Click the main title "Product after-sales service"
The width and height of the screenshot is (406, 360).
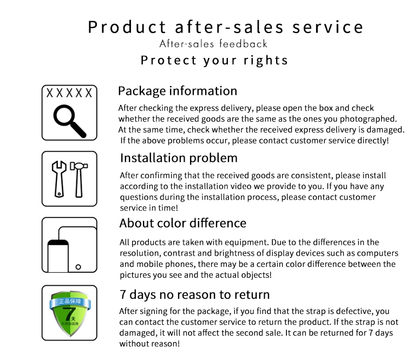click(x=225, y=27)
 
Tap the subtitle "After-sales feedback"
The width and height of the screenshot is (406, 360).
click(x=213, y=44)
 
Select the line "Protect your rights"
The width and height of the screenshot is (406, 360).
click(x=214, y=60)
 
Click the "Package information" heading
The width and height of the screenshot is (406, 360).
click(x=178, y=91)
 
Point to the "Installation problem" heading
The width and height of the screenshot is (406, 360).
click(x=179, y=158)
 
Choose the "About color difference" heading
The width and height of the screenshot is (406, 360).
click(x=183, y=223)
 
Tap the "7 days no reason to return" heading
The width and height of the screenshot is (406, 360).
click(x=194, y=294)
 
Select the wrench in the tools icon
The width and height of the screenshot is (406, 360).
click(x=59, y=179)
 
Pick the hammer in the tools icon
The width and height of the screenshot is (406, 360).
click(x=78, y=180)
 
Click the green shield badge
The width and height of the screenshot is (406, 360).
click(x=70, y=313)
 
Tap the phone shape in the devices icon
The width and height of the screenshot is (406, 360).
click(x=58, y=256)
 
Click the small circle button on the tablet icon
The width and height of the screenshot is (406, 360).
click(x=78, y=267)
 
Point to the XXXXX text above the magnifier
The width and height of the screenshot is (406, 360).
click(x=69, y=93)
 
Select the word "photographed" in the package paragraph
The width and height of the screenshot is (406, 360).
click(x=367, y=119)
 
